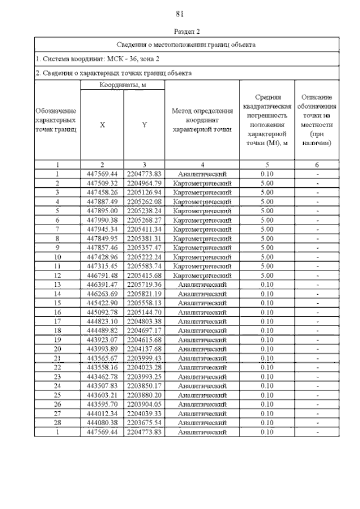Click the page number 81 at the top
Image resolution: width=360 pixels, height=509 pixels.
180,14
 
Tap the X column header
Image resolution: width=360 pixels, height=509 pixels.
102,125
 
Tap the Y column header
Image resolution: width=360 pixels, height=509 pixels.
145,125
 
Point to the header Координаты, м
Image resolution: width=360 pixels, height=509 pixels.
123,84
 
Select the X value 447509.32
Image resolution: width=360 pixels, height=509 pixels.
102,183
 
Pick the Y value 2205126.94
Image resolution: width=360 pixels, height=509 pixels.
145,192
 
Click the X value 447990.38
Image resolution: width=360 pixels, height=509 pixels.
102,220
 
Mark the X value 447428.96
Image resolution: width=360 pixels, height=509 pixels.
102,257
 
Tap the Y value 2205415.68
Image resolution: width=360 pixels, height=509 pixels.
145,276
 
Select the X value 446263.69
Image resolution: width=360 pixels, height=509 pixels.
102,294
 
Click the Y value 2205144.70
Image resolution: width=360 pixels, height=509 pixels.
145,312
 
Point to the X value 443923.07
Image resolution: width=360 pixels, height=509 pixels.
102,340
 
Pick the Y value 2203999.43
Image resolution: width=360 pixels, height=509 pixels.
145,358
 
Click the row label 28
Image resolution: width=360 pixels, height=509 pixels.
57,422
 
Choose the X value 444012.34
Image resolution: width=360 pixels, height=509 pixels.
102,413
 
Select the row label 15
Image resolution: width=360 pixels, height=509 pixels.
57,303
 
